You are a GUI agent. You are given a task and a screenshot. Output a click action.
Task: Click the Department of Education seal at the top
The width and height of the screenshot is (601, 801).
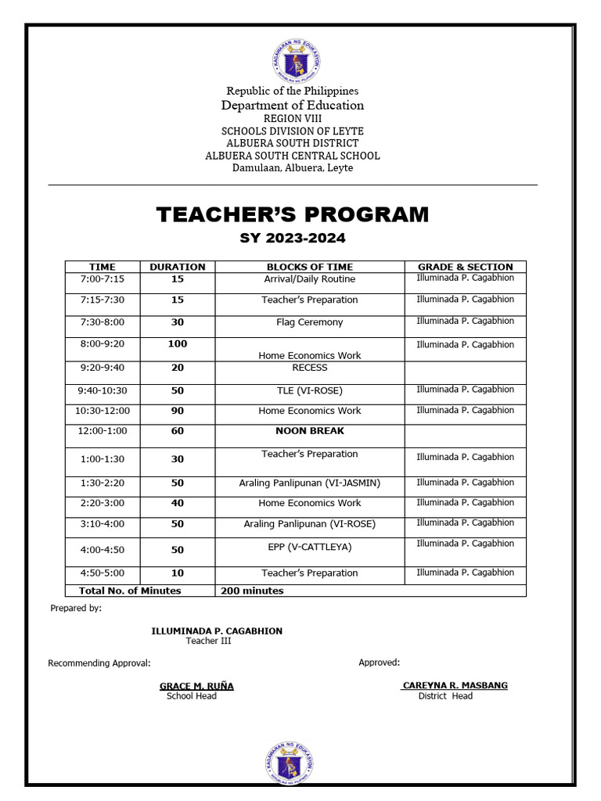[293, 60]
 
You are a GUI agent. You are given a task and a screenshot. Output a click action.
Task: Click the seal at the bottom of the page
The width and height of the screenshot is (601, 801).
[293, 762]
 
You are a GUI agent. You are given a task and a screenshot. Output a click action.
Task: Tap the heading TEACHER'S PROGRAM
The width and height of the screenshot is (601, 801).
[293, 214]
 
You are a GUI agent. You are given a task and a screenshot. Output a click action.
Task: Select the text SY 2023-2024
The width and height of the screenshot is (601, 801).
[293, 238]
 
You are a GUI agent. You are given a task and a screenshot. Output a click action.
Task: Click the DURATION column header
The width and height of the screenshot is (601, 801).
[177, 267]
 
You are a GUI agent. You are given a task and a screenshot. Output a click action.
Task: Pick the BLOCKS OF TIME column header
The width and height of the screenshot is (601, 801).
[309, 267]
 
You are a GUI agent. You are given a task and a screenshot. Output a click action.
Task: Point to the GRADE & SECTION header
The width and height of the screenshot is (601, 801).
[465, 267]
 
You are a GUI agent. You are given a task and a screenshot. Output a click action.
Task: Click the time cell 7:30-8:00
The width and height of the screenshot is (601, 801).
[102, 322]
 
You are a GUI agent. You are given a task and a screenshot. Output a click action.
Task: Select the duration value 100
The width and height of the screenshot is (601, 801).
[177, 344]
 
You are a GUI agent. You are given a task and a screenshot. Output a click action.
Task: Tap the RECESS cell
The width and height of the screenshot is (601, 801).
[309, 368]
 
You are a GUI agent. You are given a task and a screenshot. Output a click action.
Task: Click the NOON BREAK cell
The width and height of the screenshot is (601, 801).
[309, 431]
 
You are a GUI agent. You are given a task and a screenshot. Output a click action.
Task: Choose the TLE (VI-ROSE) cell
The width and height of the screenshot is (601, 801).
[309, 390]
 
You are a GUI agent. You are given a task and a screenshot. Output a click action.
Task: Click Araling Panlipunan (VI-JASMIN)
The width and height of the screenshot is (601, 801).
[309, 483]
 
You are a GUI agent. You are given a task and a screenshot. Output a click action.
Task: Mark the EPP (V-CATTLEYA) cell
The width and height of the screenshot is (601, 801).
[309, 547]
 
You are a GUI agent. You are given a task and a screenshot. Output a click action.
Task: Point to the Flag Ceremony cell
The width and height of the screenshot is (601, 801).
[309, 322]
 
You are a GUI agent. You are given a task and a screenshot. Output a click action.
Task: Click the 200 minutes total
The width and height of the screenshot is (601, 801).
[252, 591]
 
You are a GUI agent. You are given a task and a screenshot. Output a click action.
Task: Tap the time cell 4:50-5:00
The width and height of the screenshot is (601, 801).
[102, 573]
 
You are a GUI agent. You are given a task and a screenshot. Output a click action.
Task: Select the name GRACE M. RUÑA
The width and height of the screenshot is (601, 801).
[196, 686]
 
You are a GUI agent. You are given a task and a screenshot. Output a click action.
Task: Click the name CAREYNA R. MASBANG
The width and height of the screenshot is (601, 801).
[455, 685]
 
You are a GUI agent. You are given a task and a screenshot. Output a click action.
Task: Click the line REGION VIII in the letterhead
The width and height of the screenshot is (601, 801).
[293, 118]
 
